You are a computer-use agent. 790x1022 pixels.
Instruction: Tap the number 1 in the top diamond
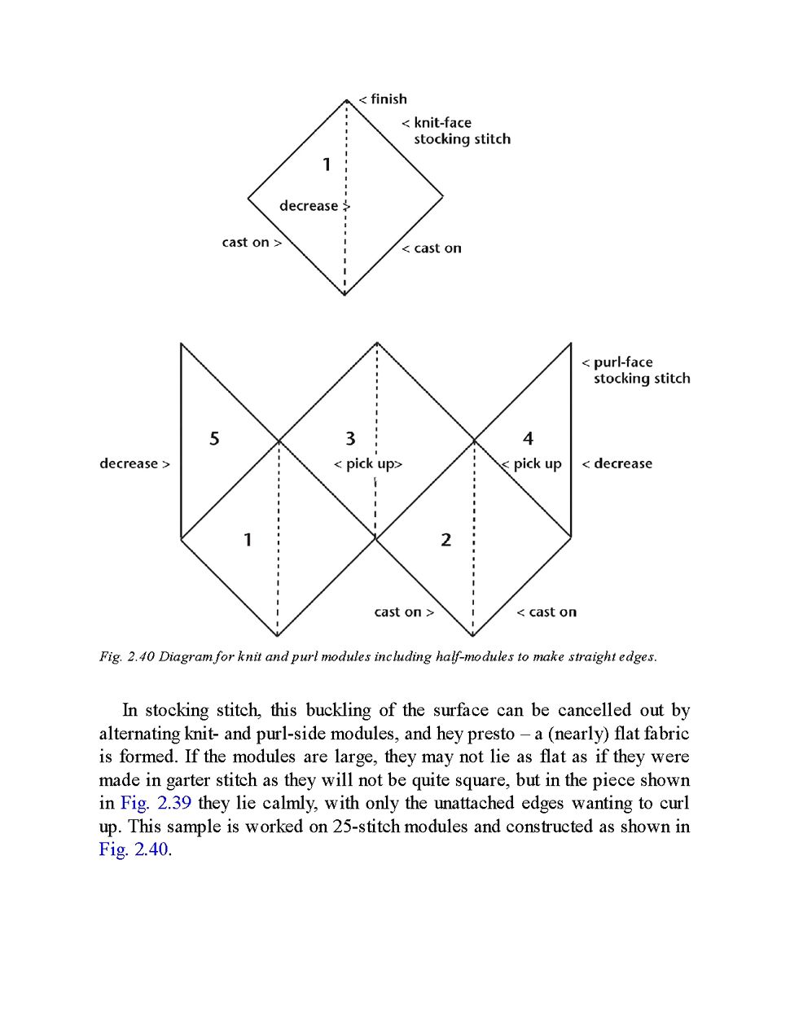(327, 164)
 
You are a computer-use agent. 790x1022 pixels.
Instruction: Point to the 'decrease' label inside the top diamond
(309, 206)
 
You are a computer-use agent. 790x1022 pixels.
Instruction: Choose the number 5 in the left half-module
(214, 439)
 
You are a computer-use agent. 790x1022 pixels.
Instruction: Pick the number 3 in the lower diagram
(350, 439)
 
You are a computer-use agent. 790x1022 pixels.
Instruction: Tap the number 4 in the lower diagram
(528, 439)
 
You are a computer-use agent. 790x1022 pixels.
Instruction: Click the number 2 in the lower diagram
(445, 540)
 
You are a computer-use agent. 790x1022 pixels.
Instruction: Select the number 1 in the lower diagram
(248, 540)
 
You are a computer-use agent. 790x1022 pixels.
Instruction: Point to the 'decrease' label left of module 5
(129, 464)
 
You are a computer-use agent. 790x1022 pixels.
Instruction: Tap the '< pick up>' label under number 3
(368, 464)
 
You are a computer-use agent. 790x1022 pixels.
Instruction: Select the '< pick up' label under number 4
(533, 464)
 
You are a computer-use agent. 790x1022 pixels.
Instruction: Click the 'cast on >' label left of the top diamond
(251, 243)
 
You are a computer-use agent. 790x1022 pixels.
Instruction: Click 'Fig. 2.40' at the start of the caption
(126, 656)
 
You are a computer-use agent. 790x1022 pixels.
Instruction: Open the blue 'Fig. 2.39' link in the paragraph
(156, 803)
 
